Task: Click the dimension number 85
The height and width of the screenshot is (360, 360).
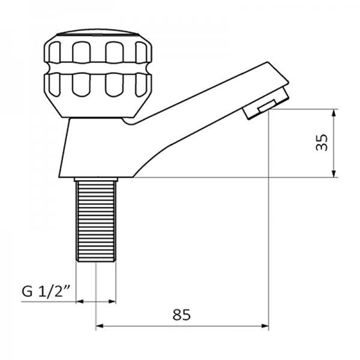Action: point(181,314)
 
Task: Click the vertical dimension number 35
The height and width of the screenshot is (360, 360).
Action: point(322,143)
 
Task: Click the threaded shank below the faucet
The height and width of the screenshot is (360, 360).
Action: point(95,222)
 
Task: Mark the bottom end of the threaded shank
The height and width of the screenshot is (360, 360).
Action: point(95,260)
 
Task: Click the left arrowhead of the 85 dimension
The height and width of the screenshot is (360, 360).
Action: point(100,326)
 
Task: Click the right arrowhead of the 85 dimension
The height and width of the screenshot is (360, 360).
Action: point(265,326)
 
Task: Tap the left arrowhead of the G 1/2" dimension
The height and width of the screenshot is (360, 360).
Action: point(80,302)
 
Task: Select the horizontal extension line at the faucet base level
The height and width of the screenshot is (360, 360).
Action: point(240,178)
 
